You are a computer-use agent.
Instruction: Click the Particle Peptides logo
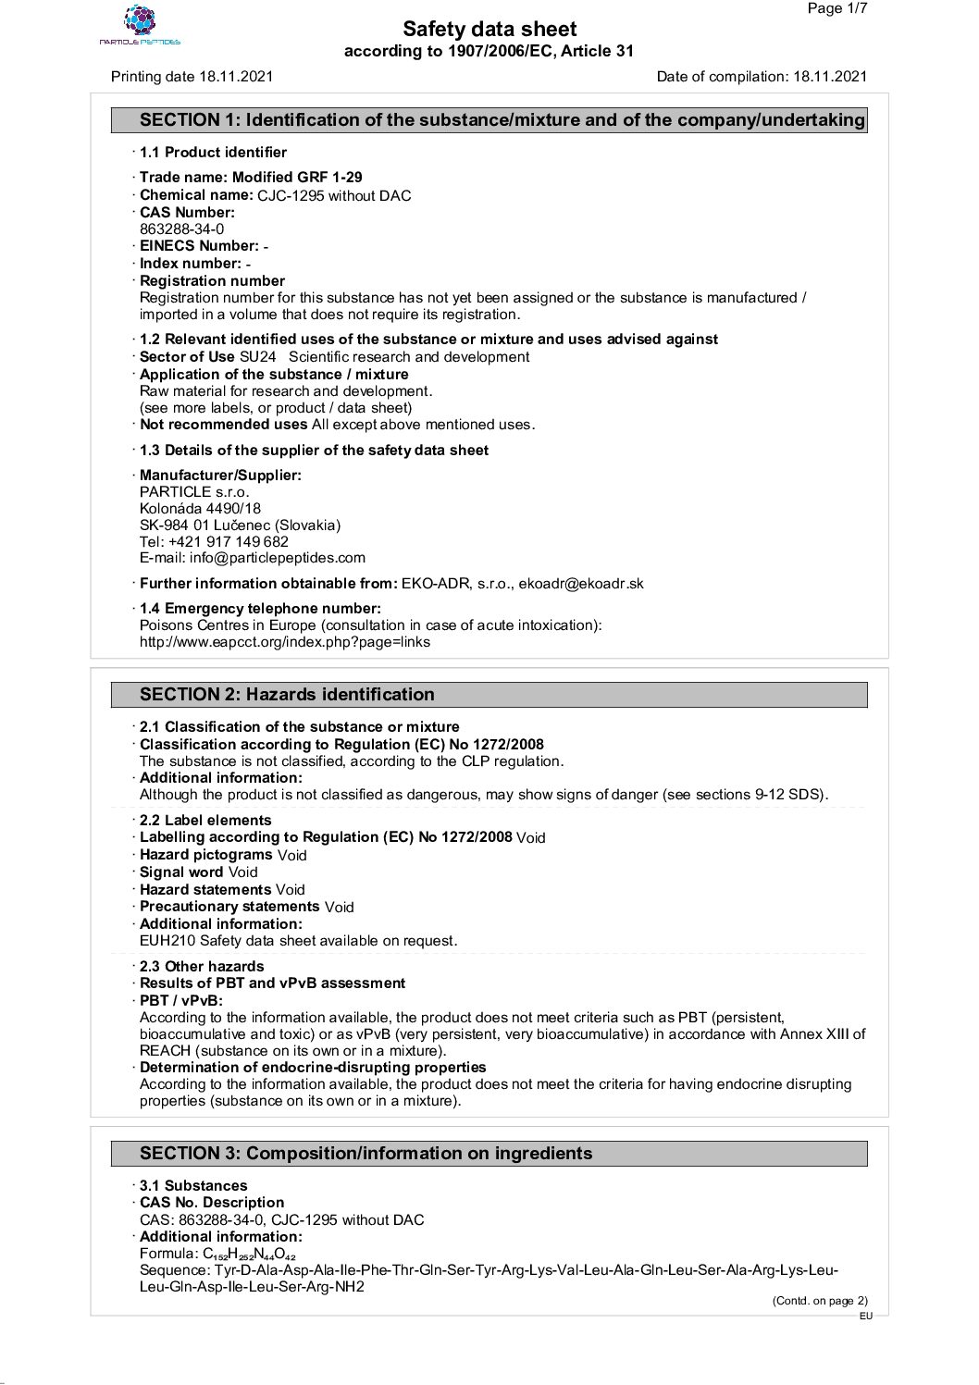141,25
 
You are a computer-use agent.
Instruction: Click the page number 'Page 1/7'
837,9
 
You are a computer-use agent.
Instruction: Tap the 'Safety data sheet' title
489,30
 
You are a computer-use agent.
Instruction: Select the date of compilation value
830,77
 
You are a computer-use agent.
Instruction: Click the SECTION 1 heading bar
489,120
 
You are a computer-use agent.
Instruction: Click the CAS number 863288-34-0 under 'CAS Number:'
181,229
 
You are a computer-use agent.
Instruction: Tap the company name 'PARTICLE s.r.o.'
194,492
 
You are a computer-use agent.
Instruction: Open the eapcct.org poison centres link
285,642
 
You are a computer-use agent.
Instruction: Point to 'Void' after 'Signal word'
243,872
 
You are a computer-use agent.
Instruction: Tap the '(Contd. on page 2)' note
820,1301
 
